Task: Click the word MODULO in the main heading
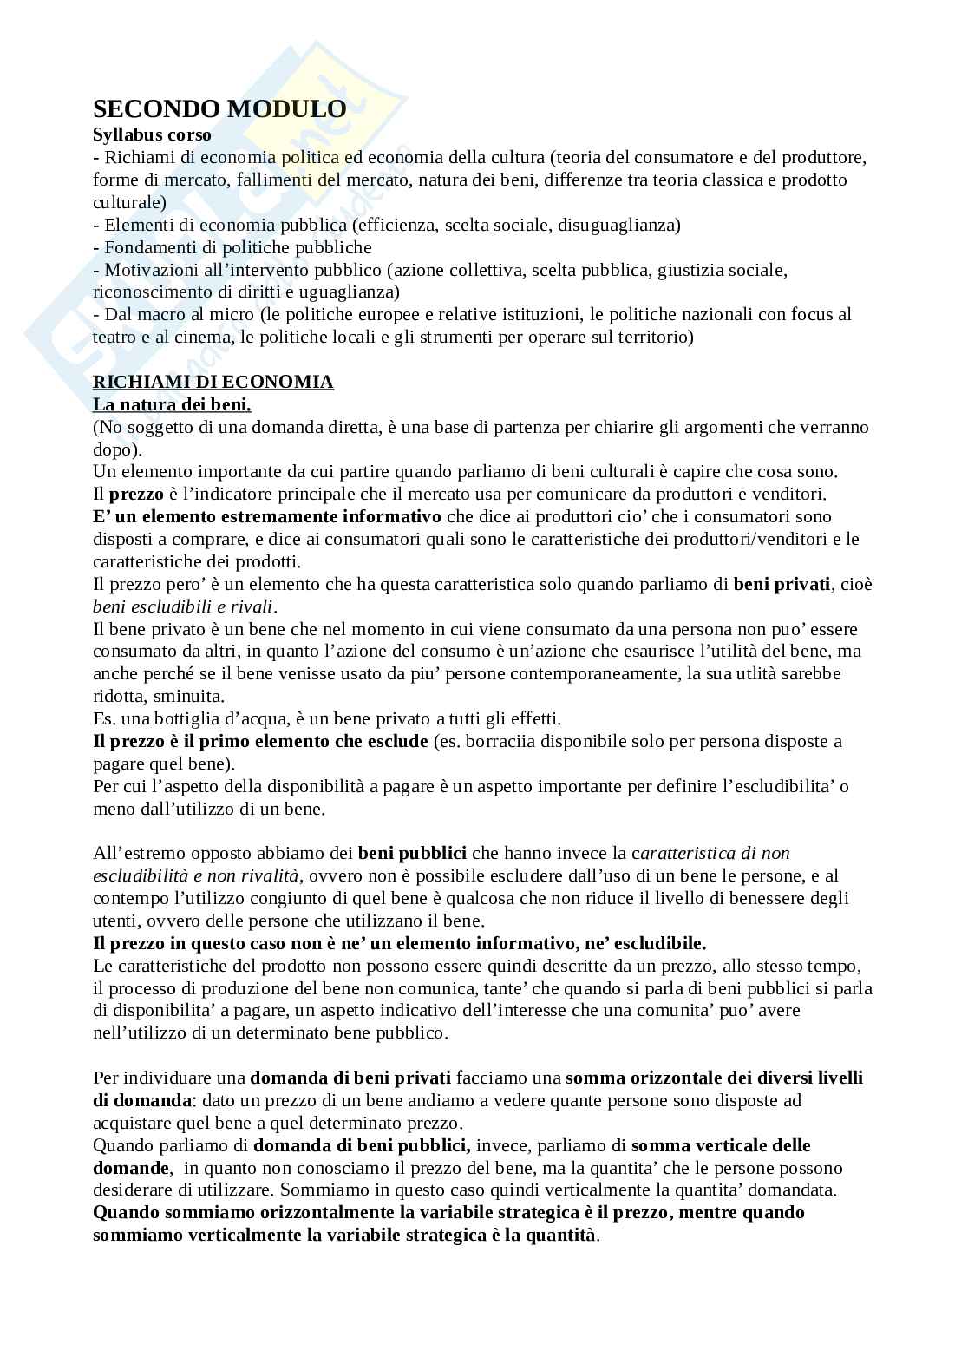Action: (286, 109)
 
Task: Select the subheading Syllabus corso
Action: (152, 135)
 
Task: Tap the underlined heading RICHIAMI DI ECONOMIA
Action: (213, 382)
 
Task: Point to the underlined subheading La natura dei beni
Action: (172, 404)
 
